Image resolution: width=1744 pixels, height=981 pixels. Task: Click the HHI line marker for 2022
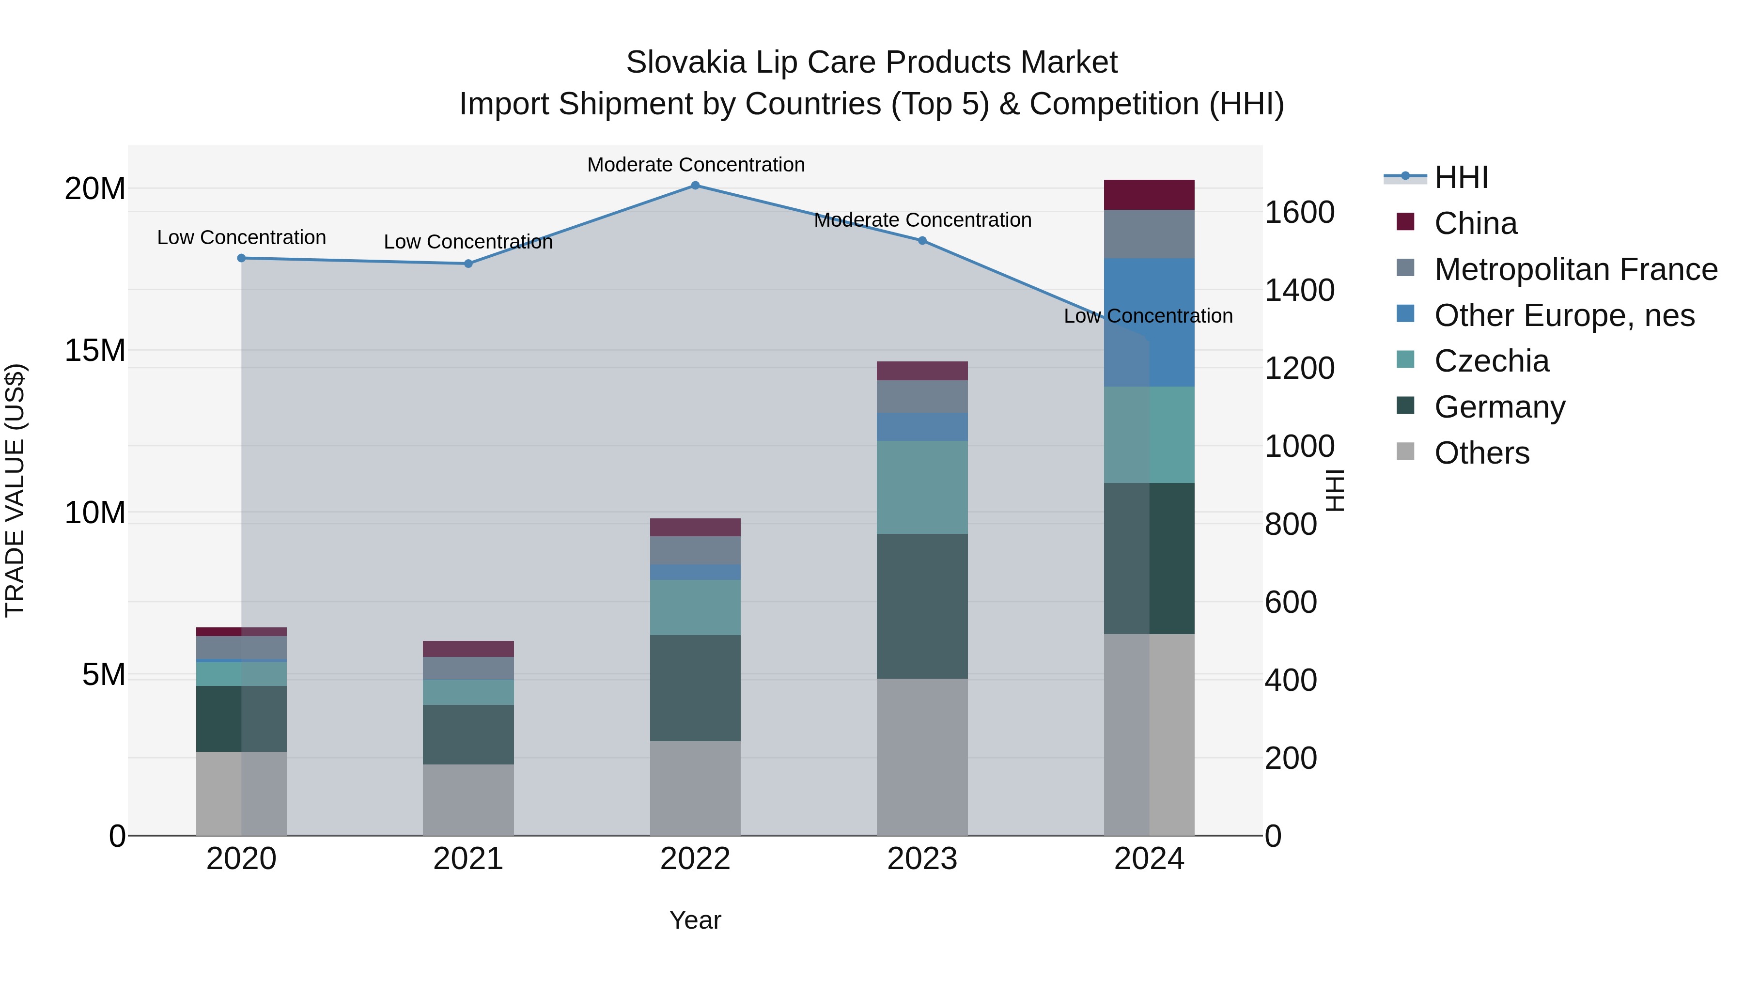click(695, 186)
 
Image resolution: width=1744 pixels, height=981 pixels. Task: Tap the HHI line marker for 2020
click(242, 258)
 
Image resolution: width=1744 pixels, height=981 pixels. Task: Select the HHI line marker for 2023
click(922, 240)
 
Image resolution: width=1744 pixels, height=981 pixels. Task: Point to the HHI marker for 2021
click(468, 264)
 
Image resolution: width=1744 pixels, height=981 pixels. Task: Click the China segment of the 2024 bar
click(1149, 195)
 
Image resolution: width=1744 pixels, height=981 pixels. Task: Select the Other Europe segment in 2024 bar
click(1149, 322)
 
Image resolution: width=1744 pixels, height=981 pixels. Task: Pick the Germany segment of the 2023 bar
click(922, 606)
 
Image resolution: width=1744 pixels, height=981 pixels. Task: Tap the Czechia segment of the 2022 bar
click(695, 607)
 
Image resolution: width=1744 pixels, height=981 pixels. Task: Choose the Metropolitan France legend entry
click(1575, 269)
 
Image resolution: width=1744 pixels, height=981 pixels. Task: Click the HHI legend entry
click(1461, 177)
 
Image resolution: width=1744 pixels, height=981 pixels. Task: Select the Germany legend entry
click(1499, 407)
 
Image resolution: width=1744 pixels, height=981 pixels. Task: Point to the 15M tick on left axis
click(95, 351)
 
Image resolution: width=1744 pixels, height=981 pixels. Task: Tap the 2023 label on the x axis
click(922, 859)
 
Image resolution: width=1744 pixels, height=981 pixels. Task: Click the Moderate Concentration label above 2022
click(695, 165)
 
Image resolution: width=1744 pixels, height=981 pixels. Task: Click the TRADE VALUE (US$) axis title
click(15, 490)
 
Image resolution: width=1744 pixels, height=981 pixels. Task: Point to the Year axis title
click(695, 920)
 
